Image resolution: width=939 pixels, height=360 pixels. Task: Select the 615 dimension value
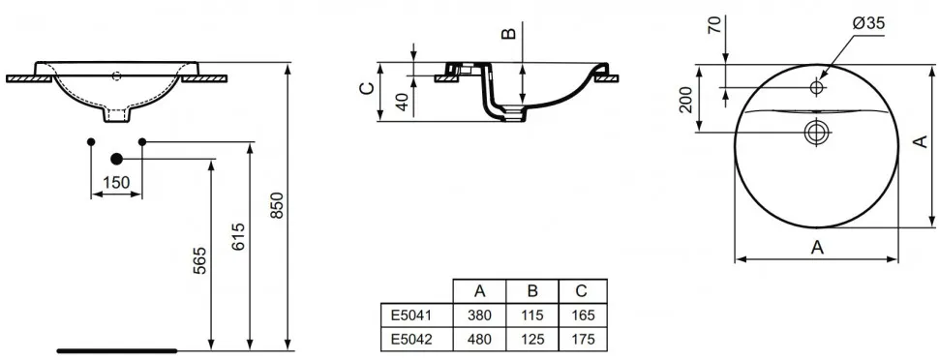tap(238, 236)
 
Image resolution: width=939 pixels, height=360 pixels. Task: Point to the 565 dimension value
tap(199, 260)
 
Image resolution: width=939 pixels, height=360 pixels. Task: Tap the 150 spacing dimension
tap(116, 182)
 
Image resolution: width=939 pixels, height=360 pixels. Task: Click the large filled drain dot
tap(116, 159)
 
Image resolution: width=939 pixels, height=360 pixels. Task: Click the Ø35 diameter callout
tap(867, 24)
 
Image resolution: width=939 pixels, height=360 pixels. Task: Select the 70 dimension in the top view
tap(715, 26)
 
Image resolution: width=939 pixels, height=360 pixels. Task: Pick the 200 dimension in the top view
tap(686, 100)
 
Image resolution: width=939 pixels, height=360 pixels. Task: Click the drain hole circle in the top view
tap(816, 132)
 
